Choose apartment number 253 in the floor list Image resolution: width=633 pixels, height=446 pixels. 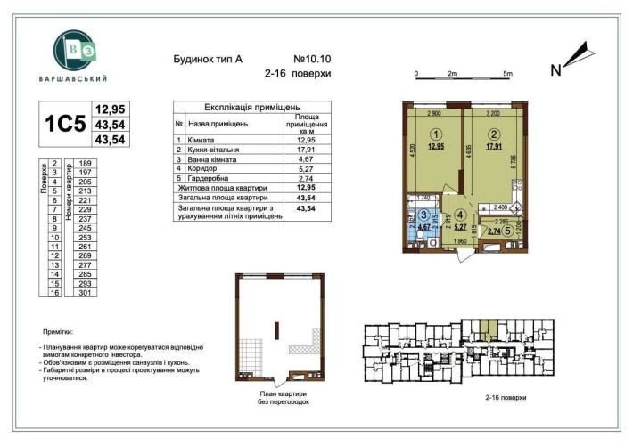tap(86, 239)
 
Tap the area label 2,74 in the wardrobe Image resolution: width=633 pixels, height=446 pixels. tap(494, 231)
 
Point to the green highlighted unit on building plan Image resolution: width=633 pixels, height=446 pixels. tap(487, 330)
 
